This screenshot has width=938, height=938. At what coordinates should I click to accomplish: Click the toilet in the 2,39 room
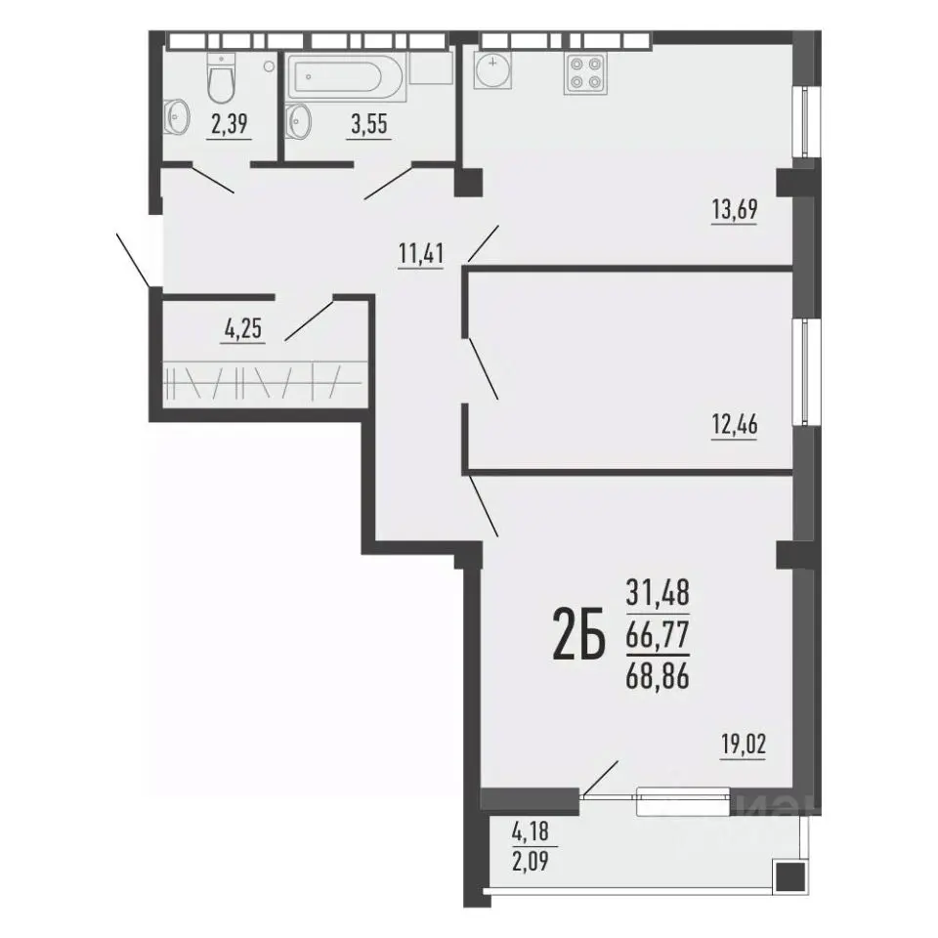click(221, 78)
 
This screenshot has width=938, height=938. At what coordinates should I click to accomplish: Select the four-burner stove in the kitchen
click(585, 73)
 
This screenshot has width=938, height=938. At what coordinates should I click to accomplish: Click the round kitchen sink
click(492, 70)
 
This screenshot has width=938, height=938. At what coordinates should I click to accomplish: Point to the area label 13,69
click(735, 210)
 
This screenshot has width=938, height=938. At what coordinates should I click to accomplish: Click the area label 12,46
click(735, 425)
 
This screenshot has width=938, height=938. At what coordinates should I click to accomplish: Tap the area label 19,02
click(743, 746)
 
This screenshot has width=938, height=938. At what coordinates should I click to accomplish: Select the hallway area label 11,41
click(421, 254)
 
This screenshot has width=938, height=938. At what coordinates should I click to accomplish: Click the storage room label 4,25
click(243, 329)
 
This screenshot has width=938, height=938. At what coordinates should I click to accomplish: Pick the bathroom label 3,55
click(369, 124)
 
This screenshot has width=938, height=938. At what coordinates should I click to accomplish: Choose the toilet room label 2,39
click(229, 124)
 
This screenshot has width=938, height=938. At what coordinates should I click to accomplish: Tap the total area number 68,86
click(658, 677)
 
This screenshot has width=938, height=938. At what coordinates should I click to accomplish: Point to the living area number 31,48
click(658, 593)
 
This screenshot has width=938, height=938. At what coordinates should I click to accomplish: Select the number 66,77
click(658, 635)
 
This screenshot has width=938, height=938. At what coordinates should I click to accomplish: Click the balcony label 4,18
click(531, 831)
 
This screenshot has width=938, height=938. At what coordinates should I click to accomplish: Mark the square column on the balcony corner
click(789, 877)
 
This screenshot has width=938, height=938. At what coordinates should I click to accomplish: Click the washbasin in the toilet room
click(177, 116)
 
